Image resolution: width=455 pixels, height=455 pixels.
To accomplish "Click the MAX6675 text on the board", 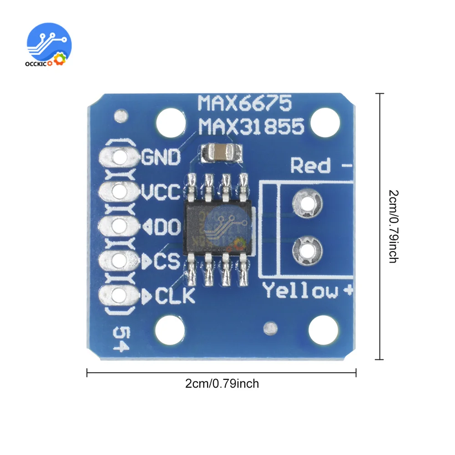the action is (x=244, y=104).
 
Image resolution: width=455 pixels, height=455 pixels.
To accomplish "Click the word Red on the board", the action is (x=311, y=166).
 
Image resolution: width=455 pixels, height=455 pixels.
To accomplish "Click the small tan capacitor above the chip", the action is (x=221, y=153).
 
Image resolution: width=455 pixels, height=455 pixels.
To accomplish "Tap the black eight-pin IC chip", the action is (x=217, y=226).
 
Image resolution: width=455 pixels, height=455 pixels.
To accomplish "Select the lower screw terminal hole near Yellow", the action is (x=308, y=248).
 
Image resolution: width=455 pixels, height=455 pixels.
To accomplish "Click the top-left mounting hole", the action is (x=170, y=121).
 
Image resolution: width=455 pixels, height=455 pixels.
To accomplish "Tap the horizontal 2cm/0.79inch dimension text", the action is (x=222, y=384).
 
